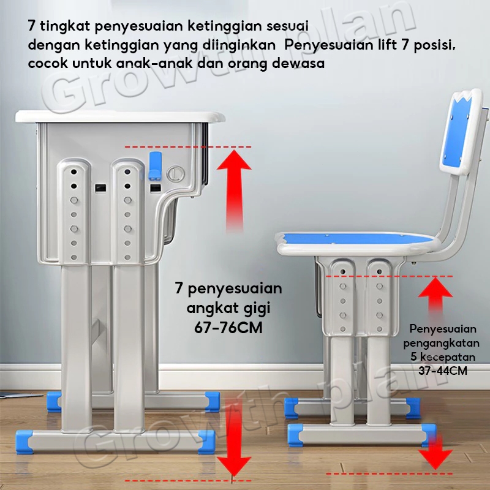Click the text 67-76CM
pyautogui.click(x=228, y=328)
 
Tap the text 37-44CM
pyautogui.click(x=443, y=371)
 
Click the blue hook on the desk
pyautogui.click(x=155, y=166)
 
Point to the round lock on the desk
pyautogui.click(x=175, y=173)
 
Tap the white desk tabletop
pyautogui.click(x=120, y=116)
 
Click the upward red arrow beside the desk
pyautogui.click(x=234, y=190)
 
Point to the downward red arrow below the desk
pyautogui.click(x=234, y=437)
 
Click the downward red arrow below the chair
pyautogui.click(x=435, y=451)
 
